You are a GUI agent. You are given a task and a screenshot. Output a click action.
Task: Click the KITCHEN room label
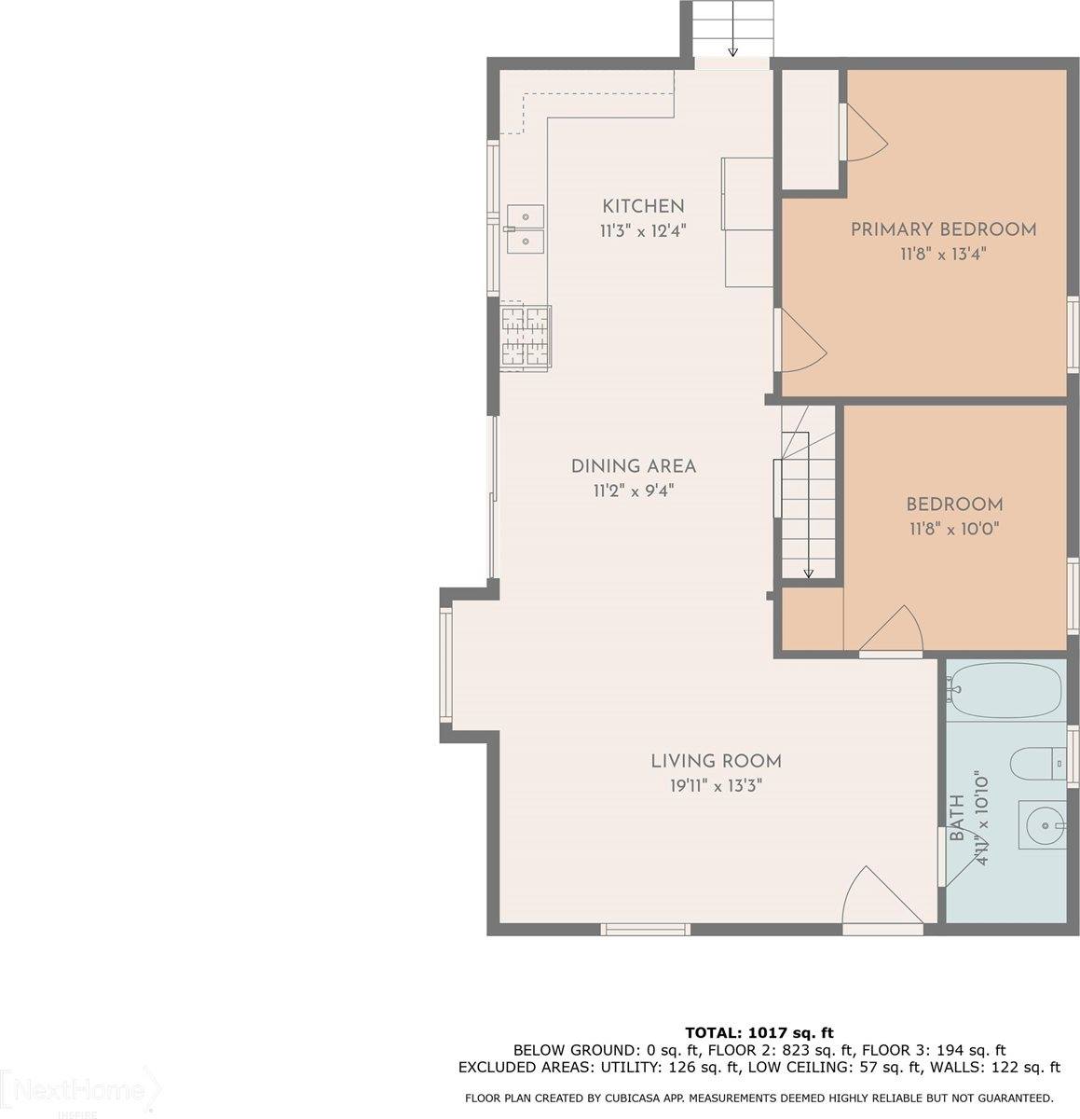pos(643,206)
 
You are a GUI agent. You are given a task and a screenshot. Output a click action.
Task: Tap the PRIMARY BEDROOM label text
pos(943,229)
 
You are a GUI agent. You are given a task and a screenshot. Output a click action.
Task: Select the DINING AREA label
pos(634,466)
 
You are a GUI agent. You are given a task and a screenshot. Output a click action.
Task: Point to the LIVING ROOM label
pos(716,762)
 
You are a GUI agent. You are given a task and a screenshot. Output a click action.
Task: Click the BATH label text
pos(957,820)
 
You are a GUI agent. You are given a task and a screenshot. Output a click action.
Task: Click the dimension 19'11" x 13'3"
pos(716,786)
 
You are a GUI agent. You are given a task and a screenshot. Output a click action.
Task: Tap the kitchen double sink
pos(525,229)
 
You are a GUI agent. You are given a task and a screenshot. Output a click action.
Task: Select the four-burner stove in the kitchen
pos(526,337)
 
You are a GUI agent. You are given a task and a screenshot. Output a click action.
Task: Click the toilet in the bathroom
pos(1036,763)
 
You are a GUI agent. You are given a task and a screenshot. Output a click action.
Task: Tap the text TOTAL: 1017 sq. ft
pos(759,1032)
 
